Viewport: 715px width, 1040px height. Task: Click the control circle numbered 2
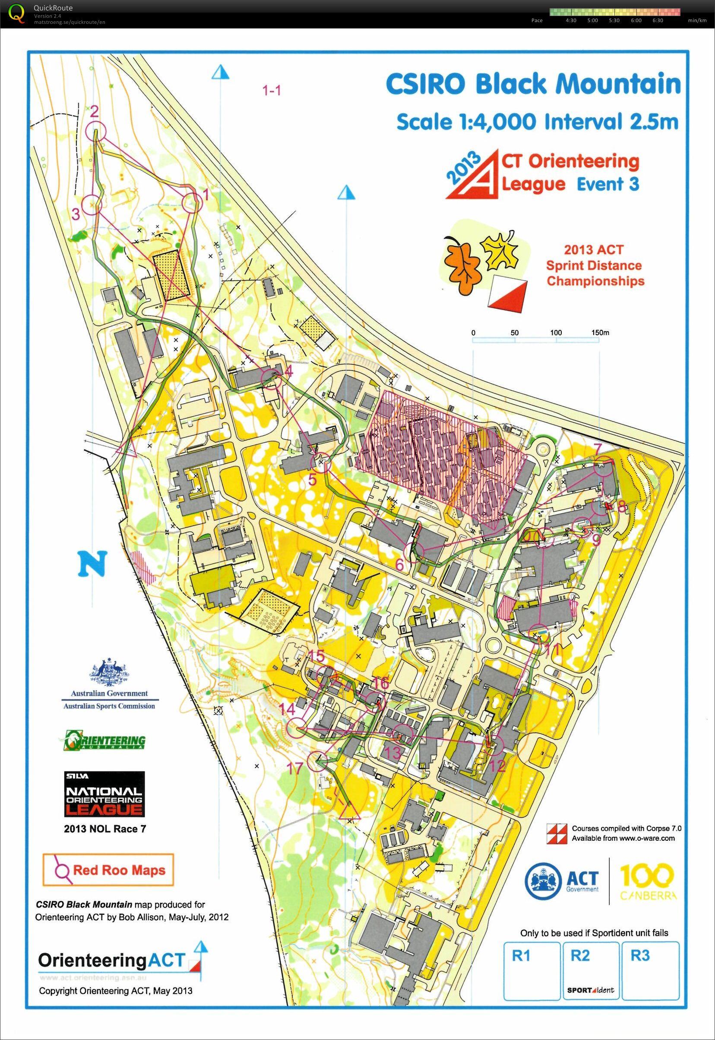click(x=95, y=131)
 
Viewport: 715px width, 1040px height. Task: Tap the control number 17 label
click(x=295, y=769)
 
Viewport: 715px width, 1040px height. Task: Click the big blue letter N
click(x=93, y=564)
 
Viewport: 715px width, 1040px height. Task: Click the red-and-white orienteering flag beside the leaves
click(x=507, y=293)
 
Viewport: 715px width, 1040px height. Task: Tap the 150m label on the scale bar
click(x=600, y=333)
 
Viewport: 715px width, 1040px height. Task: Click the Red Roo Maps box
click(x=108, y=870)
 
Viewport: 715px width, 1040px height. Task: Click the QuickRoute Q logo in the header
click(x=16, y=13)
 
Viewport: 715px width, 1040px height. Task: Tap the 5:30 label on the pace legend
click(x=614, y=20)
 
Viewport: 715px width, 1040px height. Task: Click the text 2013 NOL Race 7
click(x=105, y=829)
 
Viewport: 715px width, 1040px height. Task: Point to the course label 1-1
click(x=272, y=91)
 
